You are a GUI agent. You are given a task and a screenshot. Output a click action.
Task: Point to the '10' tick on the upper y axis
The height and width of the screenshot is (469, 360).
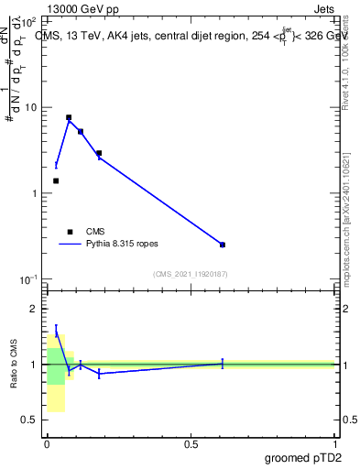point(31,107)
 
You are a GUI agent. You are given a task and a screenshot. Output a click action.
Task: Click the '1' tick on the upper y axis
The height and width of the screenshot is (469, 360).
point(35,193)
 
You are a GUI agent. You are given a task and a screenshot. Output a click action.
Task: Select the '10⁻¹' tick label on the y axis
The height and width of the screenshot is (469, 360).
point(29,278)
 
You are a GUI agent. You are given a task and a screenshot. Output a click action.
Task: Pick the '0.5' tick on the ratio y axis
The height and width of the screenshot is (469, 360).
point(29,420)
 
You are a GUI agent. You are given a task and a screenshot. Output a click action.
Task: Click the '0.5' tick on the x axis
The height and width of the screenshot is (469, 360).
point(191,444)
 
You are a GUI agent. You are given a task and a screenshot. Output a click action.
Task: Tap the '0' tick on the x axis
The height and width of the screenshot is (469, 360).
point(47,444)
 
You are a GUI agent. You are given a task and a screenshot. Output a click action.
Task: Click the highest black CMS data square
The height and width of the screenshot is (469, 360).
point(69,117)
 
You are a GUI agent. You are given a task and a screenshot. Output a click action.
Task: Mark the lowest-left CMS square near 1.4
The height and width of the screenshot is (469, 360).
point(56,180)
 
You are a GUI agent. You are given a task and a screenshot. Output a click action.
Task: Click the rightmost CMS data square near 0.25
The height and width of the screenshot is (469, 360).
point(223,245)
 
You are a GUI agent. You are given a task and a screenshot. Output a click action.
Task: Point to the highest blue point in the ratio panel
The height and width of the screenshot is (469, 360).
point(56,331)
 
